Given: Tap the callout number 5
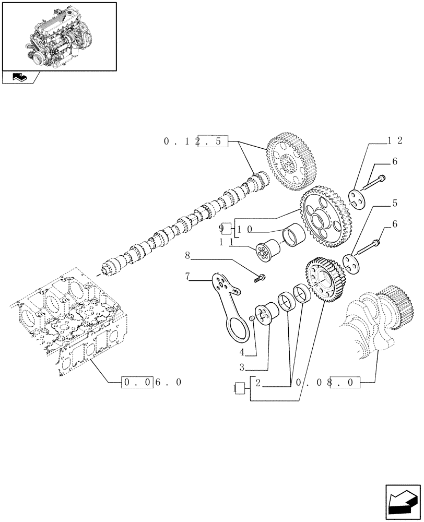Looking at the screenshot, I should click(x=395, y=203).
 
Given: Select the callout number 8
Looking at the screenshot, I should click(x=187, y=256).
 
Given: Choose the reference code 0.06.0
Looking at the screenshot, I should click(x=152, y=383).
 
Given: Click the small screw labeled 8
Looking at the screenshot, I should click(x=259, y=278).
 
